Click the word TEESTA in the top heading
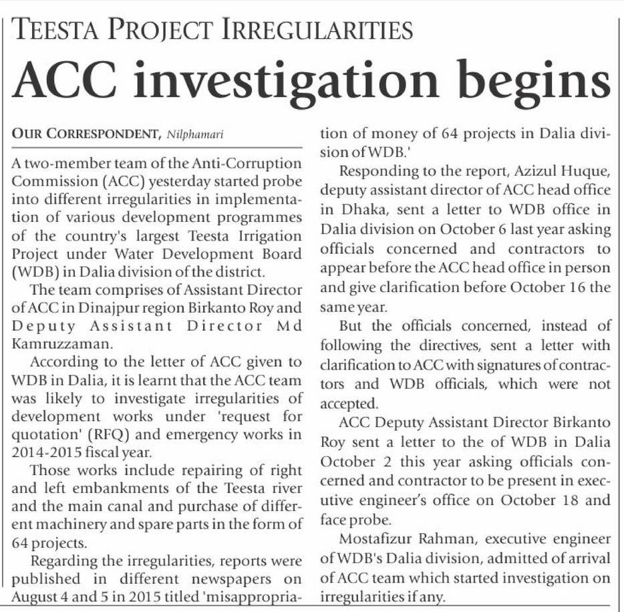click(57, 29)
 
